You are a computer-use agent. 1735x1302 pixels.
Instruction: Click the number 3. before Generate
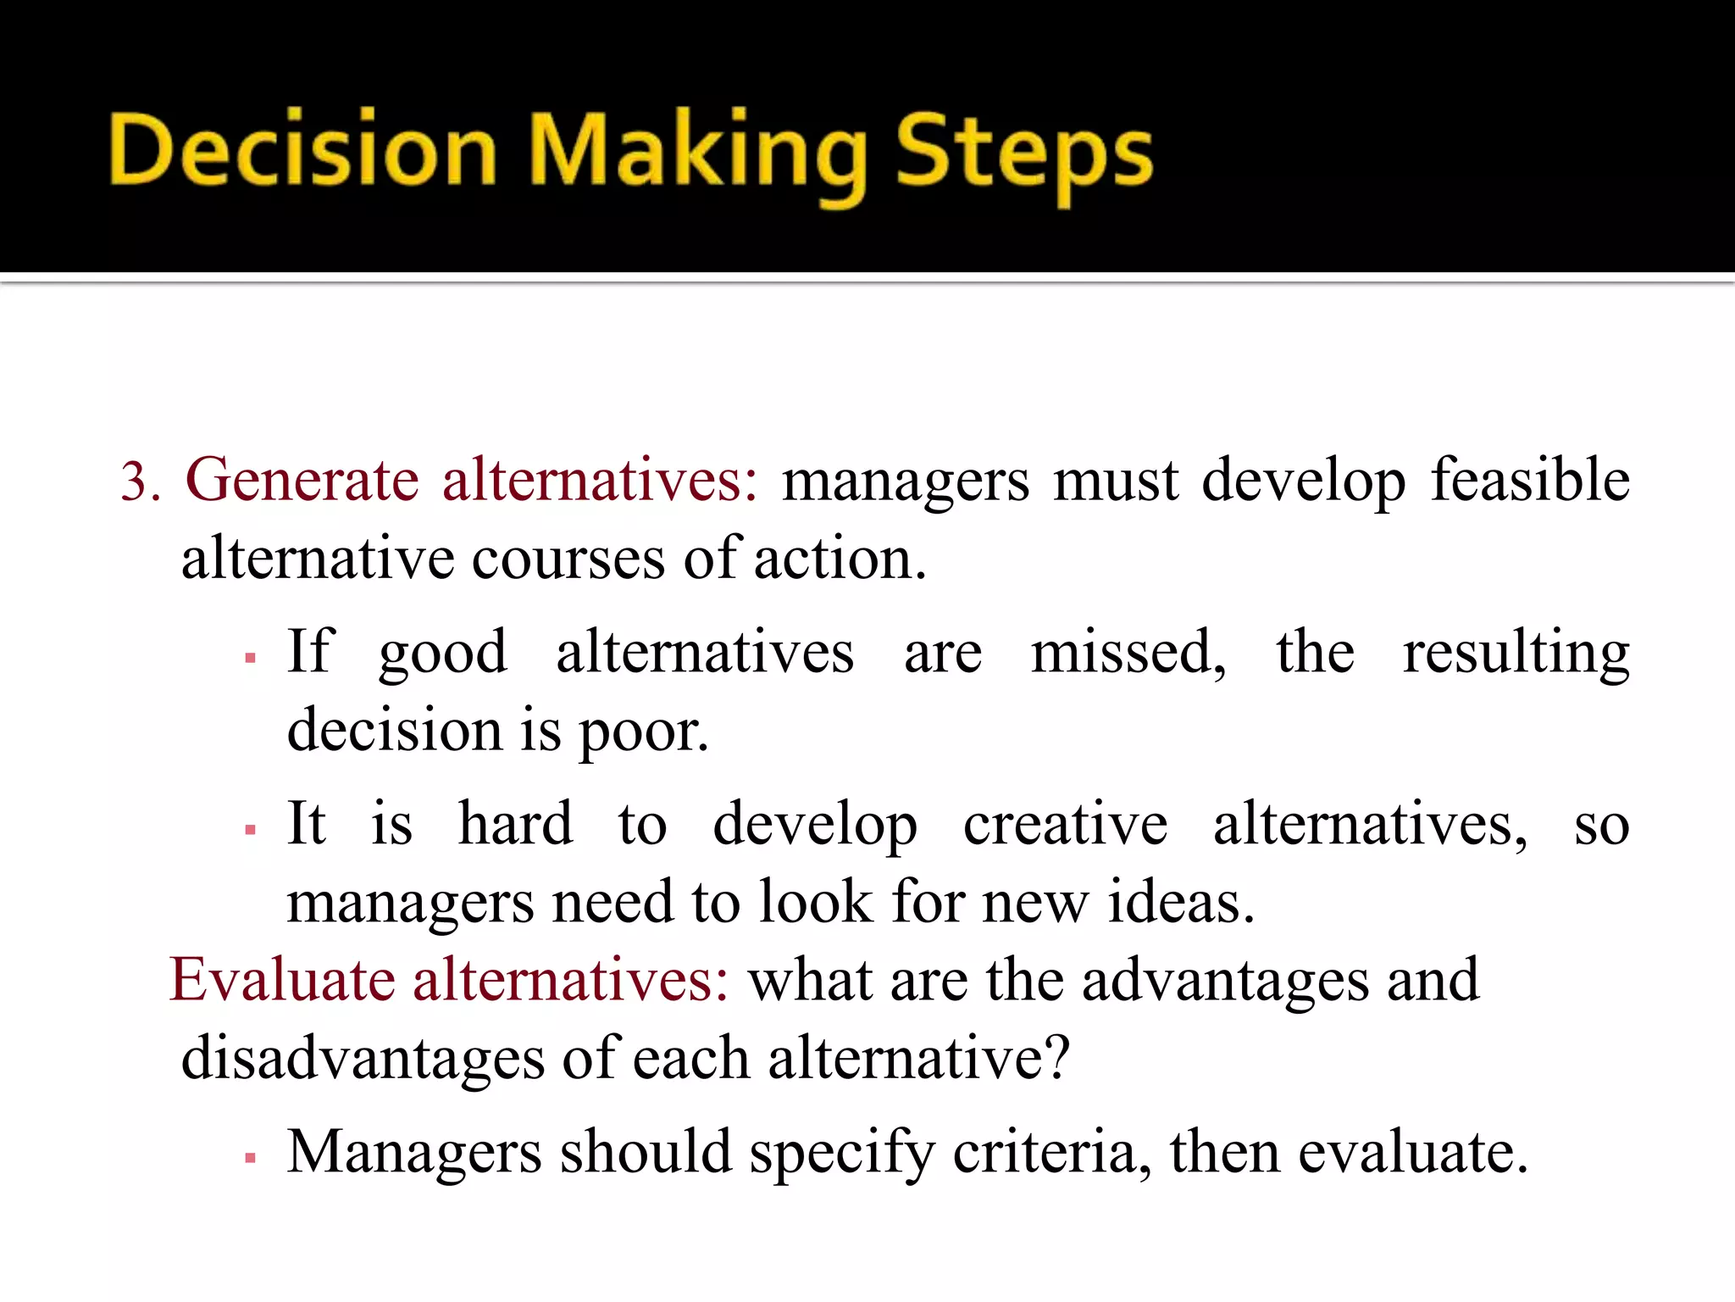click(141, 483)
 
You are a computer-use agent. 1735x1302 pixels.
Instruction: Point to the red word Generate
click(302, 481)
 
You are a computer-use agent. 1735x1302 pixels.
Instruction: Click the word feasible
click(1529, 480)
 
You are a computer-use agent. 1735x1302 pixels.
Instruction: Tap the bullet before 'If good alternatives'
click(250, 658)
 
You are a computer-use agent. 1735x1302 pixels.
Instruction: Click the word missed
click(1127, 653)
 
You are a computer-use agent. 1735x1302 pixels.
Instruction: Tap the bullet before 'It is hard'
click(250, 830)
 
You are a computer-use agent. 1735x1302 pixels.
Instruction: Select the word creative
click(1065, 824)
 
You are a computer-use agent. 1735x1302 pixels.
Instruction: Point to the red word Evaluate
click(282, 981)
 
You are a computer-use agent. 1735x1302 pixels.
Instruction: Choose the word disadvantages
click(363, 1060)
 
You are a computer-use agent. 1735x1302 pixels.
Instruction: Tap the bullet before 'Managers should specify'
click(250, 1157)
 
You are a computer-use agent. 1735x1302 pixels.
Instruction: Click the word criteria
click(1050, 1153)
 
